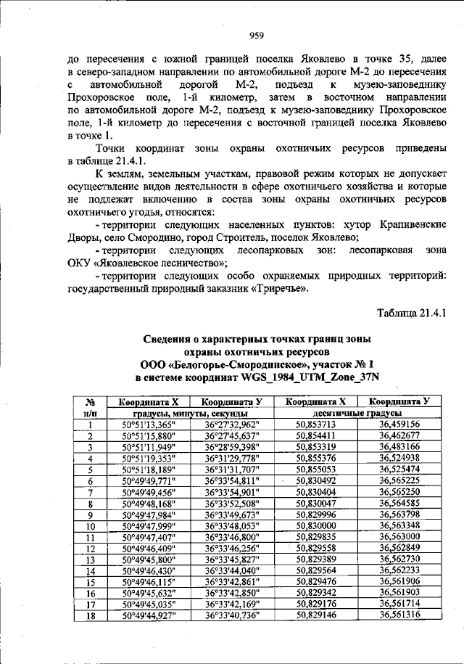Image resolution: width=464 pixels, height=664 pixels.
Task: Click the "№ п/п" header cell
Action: [91, 406]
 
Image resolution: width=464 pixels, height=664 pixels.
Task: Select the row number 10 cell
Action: [91, 525]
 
